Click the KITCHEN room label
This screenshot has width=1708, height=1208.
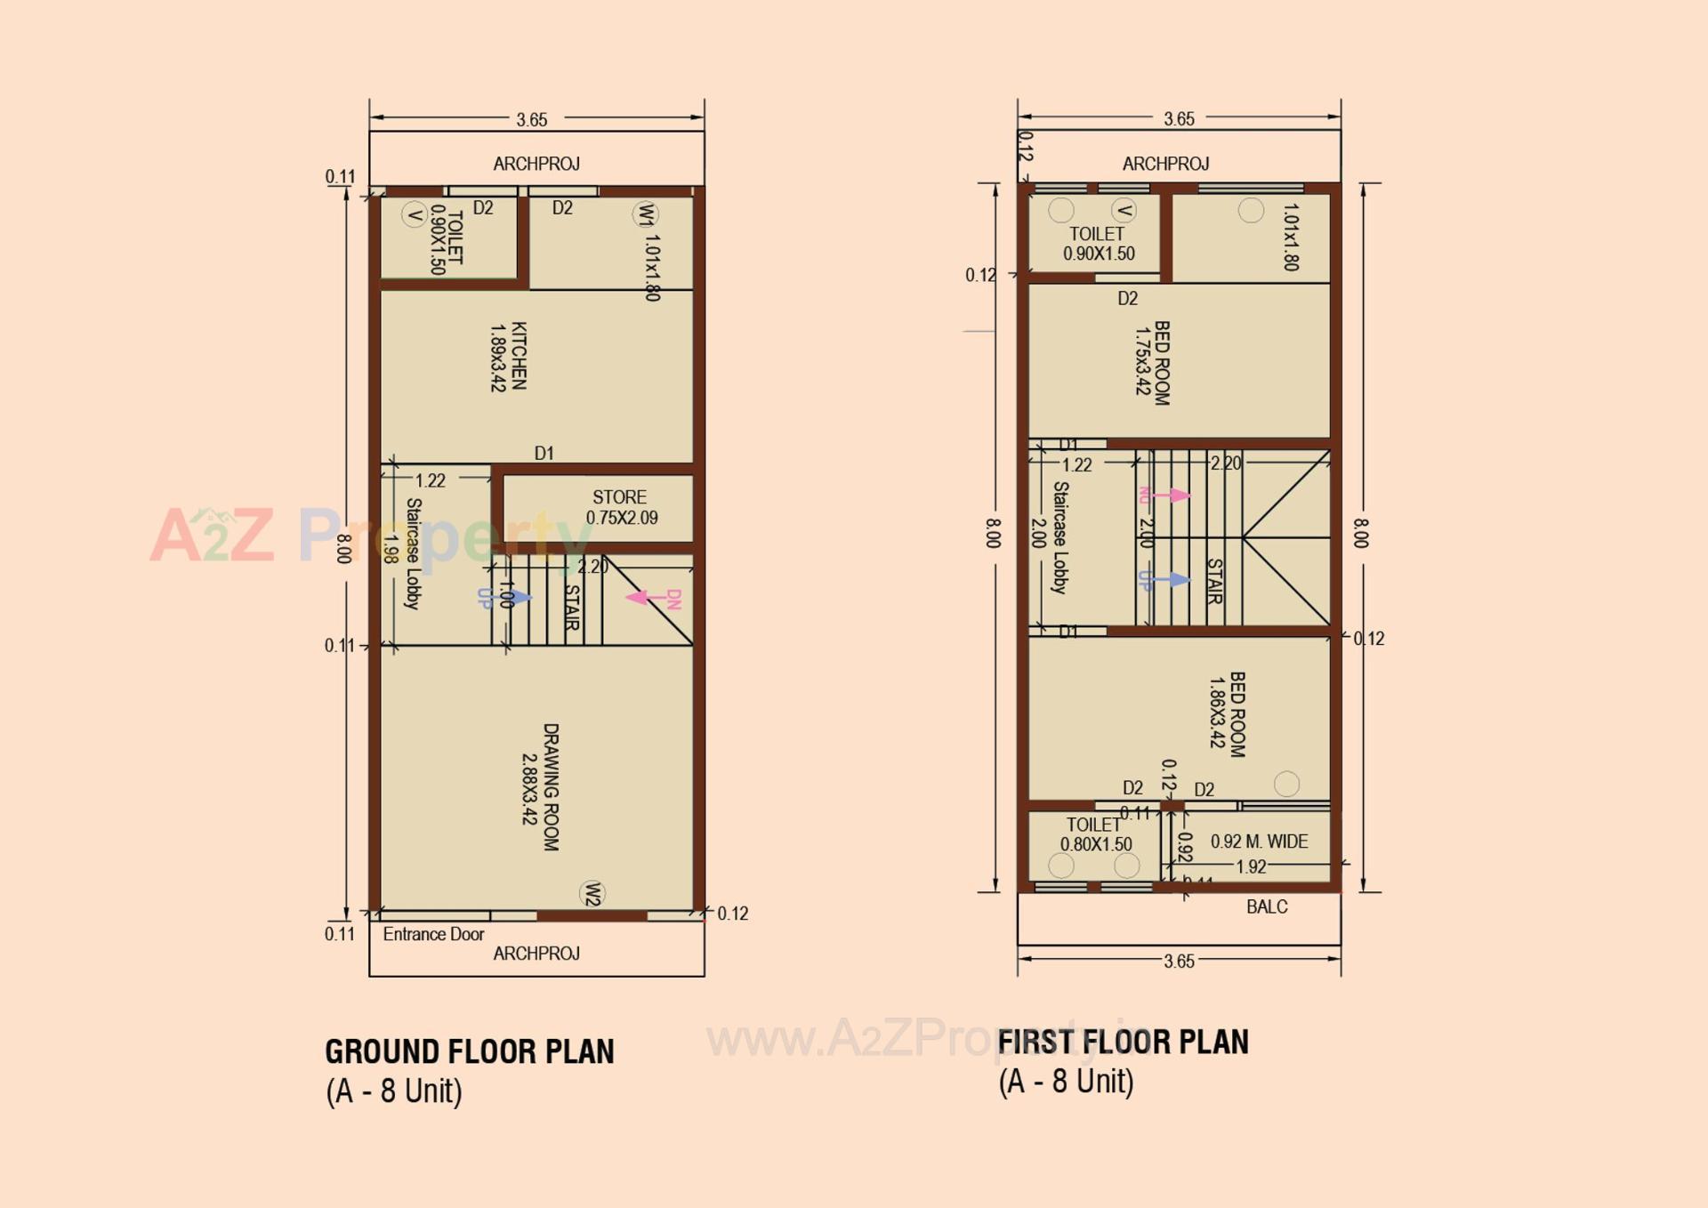click(509, 356)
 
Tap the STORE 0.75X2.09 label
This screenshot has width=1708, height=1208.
click(621, 507)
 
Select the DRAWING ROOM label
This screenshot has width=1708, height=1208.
click(541, 786)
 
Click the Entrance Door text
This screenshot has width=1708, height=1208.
click(433, 934)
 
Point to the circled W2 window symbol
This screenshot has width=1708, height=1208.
click(592, 894)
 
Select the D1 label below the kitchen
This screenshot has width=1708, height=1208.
click(544, 454)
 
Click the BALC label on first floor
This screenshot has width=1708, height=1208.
click(1267, 906)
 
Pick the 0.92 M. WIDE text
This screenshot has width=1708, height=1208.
click(1259, 842)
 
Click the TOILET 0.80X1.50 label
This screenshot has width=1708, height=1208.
click(1095, 834)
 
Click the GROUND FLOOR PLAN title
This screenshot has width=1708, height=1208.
click(469, 1051)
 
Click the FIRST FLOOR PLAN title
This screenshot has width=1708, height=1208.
click(1123, 1042)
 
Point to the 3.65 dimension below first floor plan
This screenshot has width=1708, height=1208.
click(1179, 961)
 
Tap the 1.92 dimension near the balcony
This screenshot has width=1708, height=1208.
click(1251, 866)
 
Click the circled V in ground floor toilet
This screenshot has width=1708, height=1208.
click(414, 214)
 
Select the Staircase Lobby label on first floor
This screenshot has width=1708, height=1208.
click(1059, 537)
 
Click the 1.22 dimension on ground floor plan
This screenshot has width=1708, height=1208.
click(431, 480)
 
